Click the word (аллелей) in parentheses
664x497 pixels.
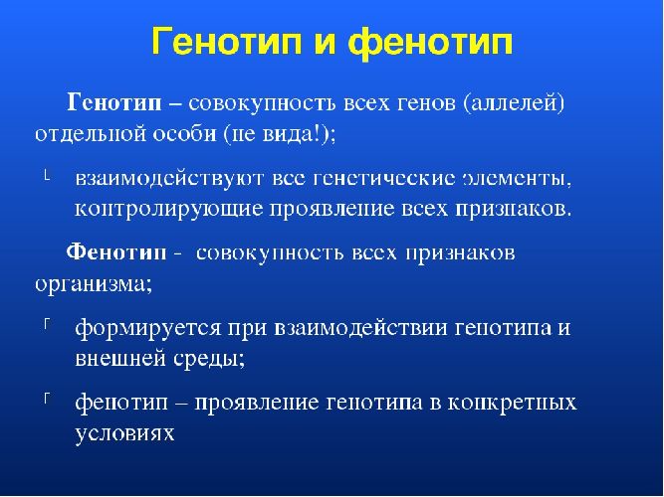click(x=512, y=102)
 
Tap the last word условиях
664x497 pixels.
click(x=123, y=433)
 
